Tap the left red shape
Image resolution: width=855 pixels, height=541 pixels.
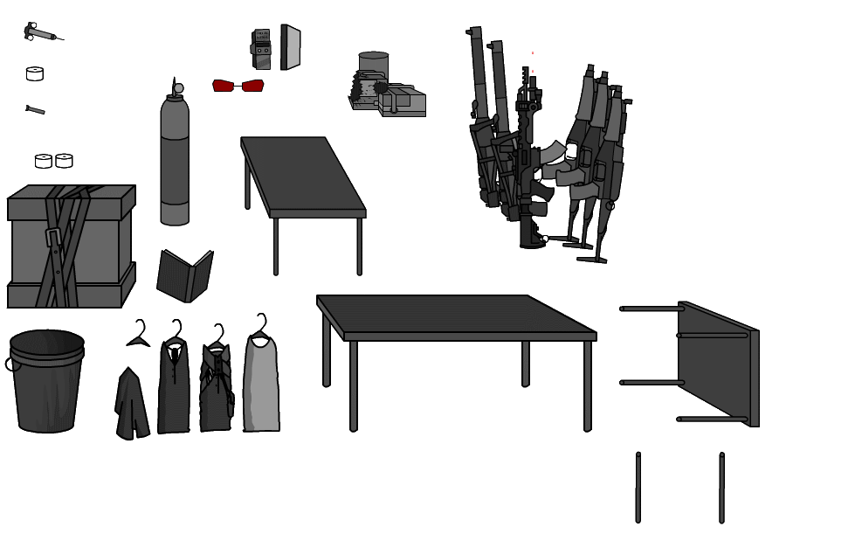(224, 86)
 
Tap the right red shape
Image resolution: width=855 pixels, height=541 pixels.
(252, 86)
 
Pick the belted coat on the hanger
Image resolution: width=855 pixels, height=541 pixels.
(216, 388)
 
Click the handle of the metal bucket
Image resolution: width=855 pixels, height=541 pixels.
(10, 364)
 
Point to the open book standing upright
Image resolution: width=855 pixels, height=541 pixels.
(184, 277)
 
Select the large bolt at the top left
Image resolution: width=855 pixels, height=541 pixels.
(40, 33)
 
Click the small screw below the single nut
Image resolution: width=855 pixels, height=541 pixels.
(36, 110)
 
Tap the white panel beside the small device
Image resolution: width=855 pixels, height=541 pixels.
(291, 47)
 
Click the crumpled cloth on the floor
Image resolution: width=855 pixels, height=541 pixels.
(132, 406)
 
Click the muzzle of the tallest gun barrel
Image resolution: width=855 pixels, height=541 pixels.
(475, 31)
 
